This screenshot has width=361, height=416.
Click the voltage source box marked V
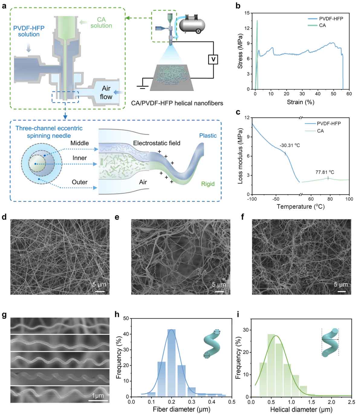[x=213, y=60]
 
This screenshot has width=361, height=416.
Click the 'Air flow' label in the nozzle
[x=106, y=92]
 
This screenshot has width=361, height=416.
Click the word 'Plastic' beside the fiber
[x=208, y=135]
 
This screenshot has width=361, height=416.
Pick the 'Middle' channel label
[x=80, y=143]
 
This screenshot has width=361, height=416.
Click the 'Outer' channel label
[x=80, y=182]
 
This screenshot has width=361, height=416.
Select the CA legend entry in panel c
[x=320, y=131]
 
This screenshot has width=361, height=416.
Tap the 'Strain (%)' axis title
[x=301, y=102]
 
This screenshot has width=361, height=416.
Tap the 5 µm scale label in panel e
[x=219, y=285]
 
